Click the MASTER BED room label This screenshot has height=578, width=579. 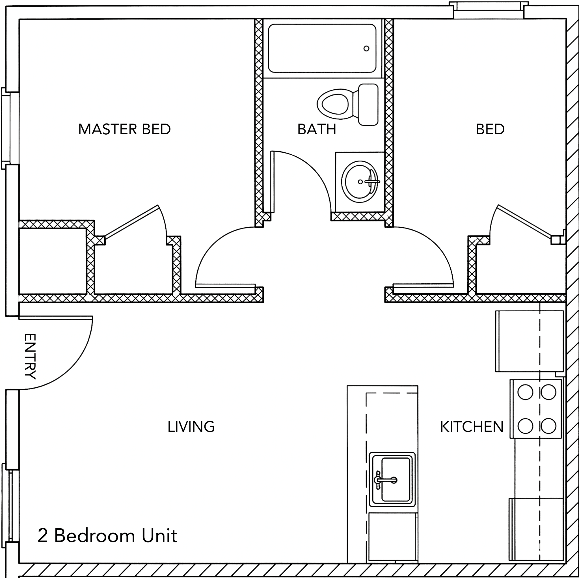click(x=124, y=129)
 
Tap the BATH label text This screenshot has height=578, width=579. click(x=316, y=129)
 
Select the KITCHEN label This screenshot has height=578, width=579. click(x=471, y=427)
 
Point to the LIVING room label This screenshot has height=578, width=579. click(x=191, y=427)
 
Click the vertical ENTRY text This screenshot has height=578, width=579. click(x=30, y=356)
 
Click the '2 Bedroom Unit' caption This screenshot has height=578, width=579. click(x=107, y=536)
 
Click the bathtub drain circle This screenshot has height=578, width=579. click(x=366, y=49)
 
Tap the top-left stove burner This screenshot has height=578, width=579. click(x=525, y=392)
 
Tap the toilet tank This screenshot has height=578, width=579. click(x=368, y=104)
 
